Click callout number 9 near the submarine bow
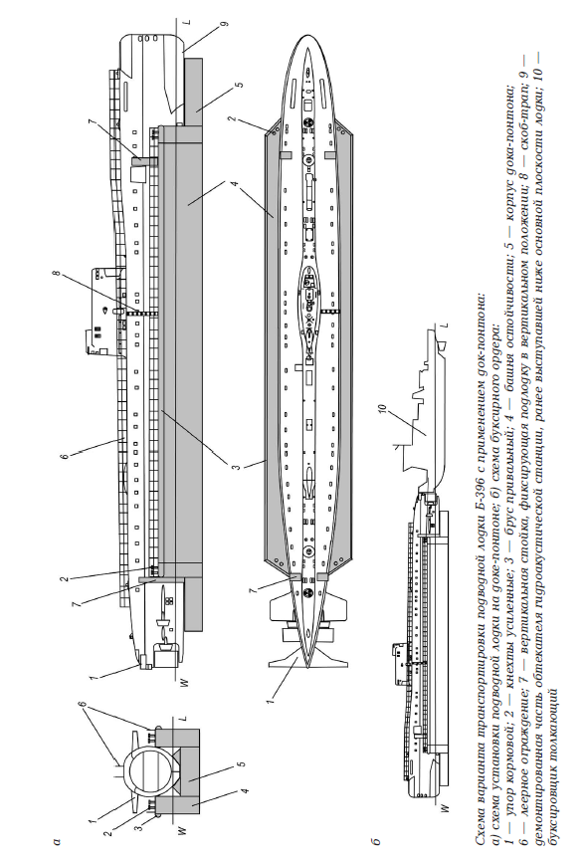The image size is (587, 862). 225,24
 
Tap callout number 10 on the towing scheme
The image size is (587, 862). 383,410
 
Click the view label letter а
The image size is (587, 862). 57,840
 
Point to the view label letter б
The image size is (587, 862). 376,840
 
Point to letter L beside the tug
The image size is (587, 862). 446,325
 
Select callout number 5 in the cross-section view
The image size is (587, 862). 243,763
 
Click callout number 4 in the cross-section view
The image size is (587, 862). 246,790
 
